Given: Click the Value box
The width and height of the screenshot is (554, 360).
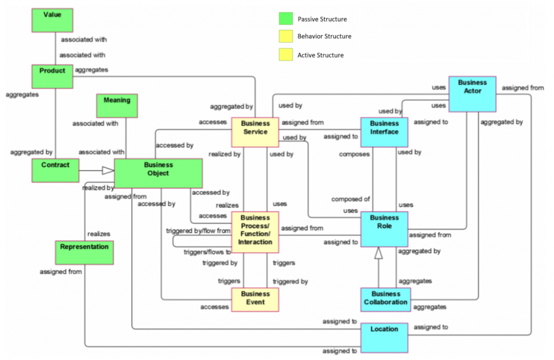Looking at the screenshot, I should (52, 20).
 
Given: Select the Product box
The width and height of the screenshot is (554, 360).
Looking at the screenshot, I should (52, 76).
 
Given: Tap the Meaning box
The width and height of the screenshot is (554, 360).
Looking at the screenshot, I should (117, 106).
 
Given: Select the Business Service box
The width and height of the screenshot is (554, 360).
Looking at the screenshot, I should (255, 132).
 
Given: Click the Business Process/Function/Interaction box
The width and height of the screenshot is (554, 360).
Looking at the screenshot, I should (255, 232).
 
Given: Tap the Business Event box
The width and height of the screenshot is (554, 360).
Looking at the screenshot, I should (255, 299).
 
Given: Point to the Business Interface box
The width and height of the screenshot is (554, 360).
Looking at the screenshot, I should (384, 132).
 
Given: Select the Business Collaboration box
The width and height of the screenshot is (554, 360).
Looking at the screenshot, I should (386, 299).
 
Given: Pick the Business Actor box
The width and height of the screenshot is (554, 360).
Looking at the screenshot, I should (472, 93).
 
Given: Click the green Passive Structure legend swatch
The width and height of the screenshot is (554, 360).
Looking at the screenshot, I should (286, 19).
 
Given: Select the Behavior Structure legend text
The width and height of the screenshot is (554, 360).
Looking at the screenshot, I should (324, 37).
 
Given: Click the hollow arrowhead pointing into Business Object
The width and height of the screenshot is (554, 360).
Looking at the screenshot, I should (108, 171).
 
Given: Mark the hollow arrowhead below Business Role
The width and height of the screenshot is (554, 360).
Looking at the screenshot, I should (379, 252).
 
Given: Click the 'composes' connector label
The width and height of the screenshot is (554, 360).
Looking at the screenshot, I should (354, 154).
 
